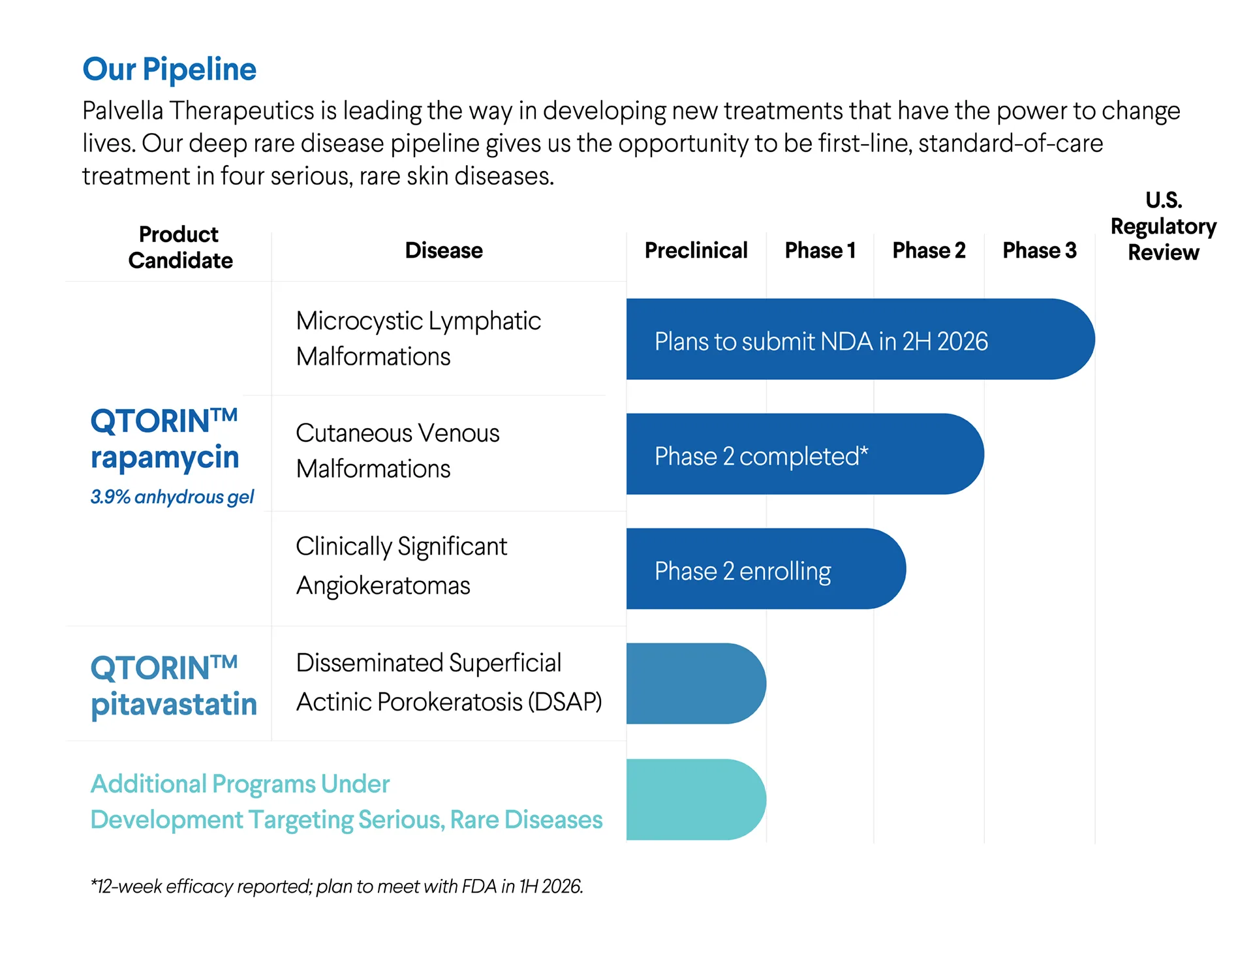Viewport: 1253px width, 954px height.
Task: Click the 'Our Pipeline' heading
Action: pyautogui.click(x=170, y=69)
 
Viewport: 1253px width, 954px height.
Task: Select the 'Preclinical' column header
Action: pyautogui.click(x=696, y=250)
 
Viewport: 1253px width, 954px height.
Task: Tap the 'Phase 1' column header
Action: pyautogui.click(x=820, y=250)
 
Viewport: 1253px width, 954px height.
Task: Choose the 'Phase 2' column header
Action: pyautogui.click(x=929, y=250)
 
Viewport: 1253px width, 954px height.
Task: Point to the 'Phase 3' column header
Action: pyautogui.click(x=1040, y=250)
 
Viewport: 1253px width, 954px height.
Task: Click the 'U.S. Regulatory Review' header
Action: pyautogui.click(x=1164, y=226)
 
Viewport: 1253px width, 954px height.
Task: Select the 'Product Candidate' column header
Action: pyautogui.click(x=180, y=247)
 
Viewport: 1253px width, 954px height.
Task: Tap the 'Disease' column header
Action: pyautogui.click(x=444, y=250)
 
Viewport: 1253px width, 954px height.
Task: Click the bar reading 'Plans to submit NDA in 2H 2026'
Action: pyautogui.click(x=860, y=339)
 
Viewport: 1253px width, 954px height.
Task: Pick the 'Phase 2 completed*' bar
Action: pyautogui.click(x=805, y=454)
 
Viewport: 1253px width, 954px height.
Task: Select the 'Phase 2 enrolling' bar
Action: pyautogui.click(x=766, y=569)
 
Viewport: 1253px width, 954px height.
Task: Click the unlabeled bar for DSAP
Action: pyautogui.click(x=696, y=684)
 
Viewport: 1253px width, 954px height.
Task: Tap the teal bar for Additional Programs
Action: pyautogui.click(x=696, y=799)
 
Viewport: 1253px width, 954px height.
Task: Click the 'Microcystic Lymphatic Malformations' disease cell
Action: pyautogui.click(x=418, y=339)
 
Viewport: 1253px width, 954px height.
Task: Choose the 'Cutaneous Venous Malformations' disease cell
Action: pyautogui.click(x=397, y=451)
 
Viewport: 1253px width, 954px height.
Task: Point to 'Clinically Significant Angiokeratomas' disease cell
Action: pyautogui.click(x=401, y=566)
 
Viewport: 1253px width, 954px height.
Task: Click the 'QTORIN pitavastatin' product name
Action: pyautogui.click(x=174, y=686)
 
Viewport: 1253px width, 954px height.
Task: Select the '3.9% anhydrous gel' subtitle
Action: pyautogui.click(x=172, y=497)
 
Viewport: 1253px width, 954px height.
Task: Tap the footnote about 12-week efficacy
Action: pyautogui.click(x=337, y=886)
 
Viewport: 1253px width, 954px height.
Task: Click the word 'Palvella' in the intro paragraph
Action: pyautogui.click(x=123, y=111)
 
